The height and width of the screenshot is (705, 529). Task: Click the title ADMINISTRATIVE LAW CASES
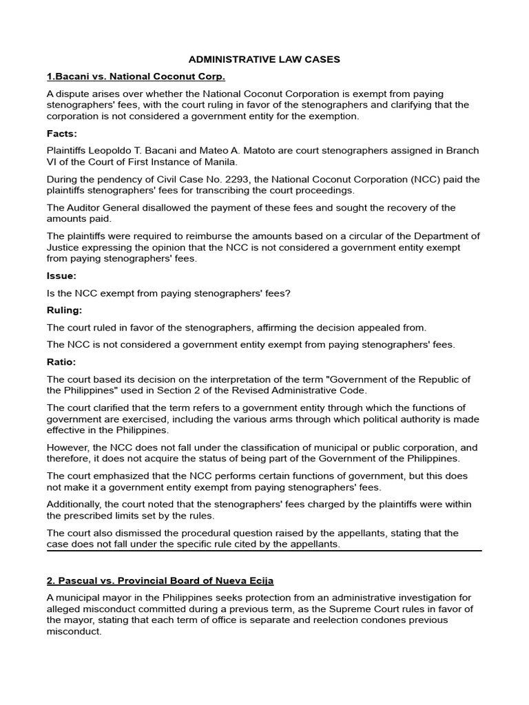pos(264,60)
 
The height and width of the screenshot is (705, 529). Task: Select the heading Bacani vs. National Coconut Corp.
pos(136,76)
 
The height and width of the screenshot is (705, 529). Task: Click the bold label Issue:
pos(61,276)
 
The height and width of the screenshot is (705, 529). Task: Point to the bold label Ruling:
pos(64,310)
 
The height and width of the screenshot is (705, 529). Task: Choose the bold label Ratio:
pos(61,361)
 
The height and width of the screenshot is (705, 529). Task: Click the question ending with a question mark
pos(169,293)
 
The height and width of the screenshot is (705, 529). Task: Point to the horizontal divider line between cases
pos(264,551)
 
